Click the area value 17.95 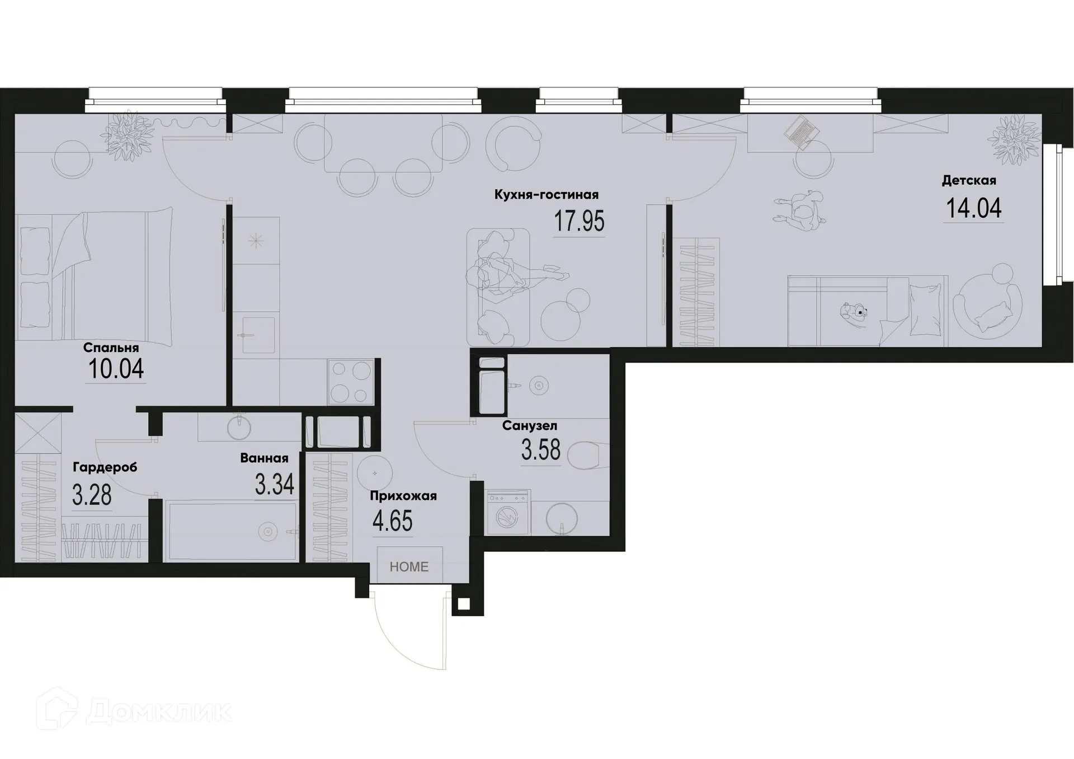579,221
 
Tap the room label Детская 969,180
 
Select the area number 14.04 973,208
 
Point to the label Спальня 111,348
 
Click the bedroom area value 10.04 116,369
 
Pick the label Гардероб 105,467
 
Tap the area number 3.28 92,495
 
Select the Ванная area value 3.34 274,484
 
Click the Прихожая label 403,496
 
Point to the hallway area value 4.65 392,521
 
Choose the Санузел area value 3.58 540,450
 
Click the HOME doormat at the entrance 409,566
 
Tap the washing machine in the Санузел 508,513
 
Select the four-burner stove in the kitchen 351,382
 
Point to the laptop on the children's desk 802,131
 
